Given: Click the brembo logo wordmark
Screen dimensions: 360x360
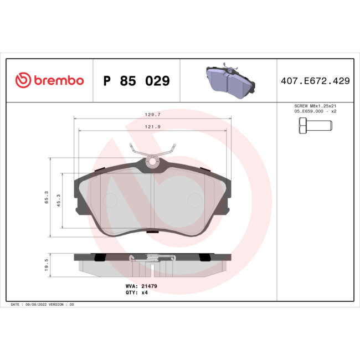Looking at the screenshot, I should (x=58, y=81).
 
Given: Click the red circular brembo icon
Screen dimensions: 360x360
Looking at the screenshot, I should (x=23, y=81).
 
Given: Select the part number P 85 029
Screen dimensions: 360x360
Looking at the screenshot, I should (x=137, y=81).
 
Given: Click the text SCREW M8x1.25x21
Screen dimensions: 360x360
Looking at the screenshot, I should (x=314, y=106).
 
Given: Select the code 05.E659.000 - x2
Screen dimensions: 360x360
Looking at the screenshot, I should (x=314, y=111).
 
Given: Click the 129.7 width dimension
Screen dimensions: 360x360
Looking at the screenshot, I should (x=153, y=115).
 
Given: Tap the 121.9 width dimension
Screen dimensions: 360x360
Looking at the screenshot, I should (x=153, y=127).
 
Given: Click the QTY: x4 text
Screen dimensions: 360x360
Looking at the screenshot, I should (x=137, y=292).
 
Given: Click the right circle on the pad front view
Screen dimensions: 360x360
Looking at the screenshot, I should (x=196, y=200).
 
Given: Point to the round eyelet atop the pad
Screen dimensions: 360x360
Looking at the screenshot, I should (x=153, y=162).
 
